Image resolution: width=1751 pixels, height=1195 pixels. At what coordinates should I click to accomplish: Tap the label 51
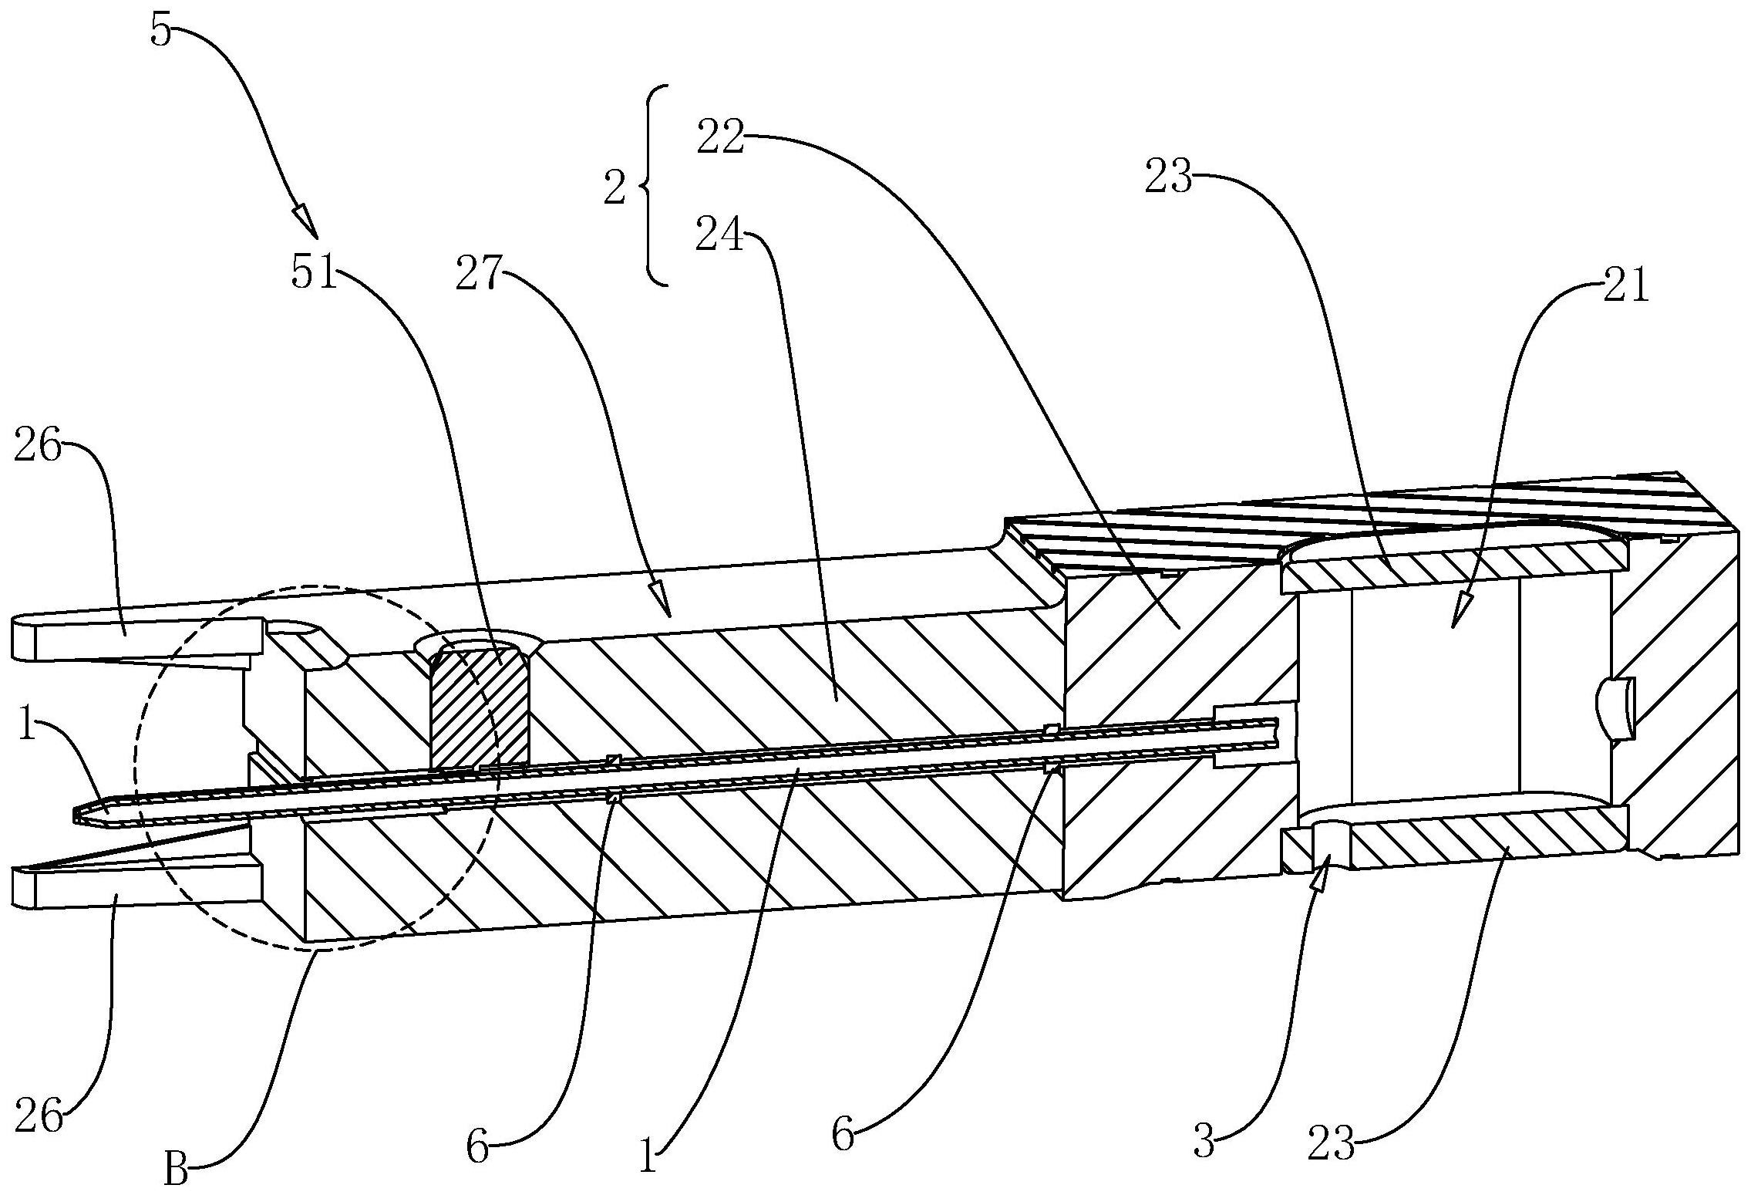314,273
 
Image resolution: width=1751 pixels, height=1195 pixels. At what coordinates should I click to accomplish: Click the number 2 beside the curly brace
615,187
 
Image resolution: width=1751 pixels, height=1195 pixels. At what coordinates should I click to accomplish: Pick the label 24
719,235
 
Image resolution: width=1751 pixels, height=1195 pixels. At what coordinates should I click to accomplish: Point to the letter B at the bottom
176,1170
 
